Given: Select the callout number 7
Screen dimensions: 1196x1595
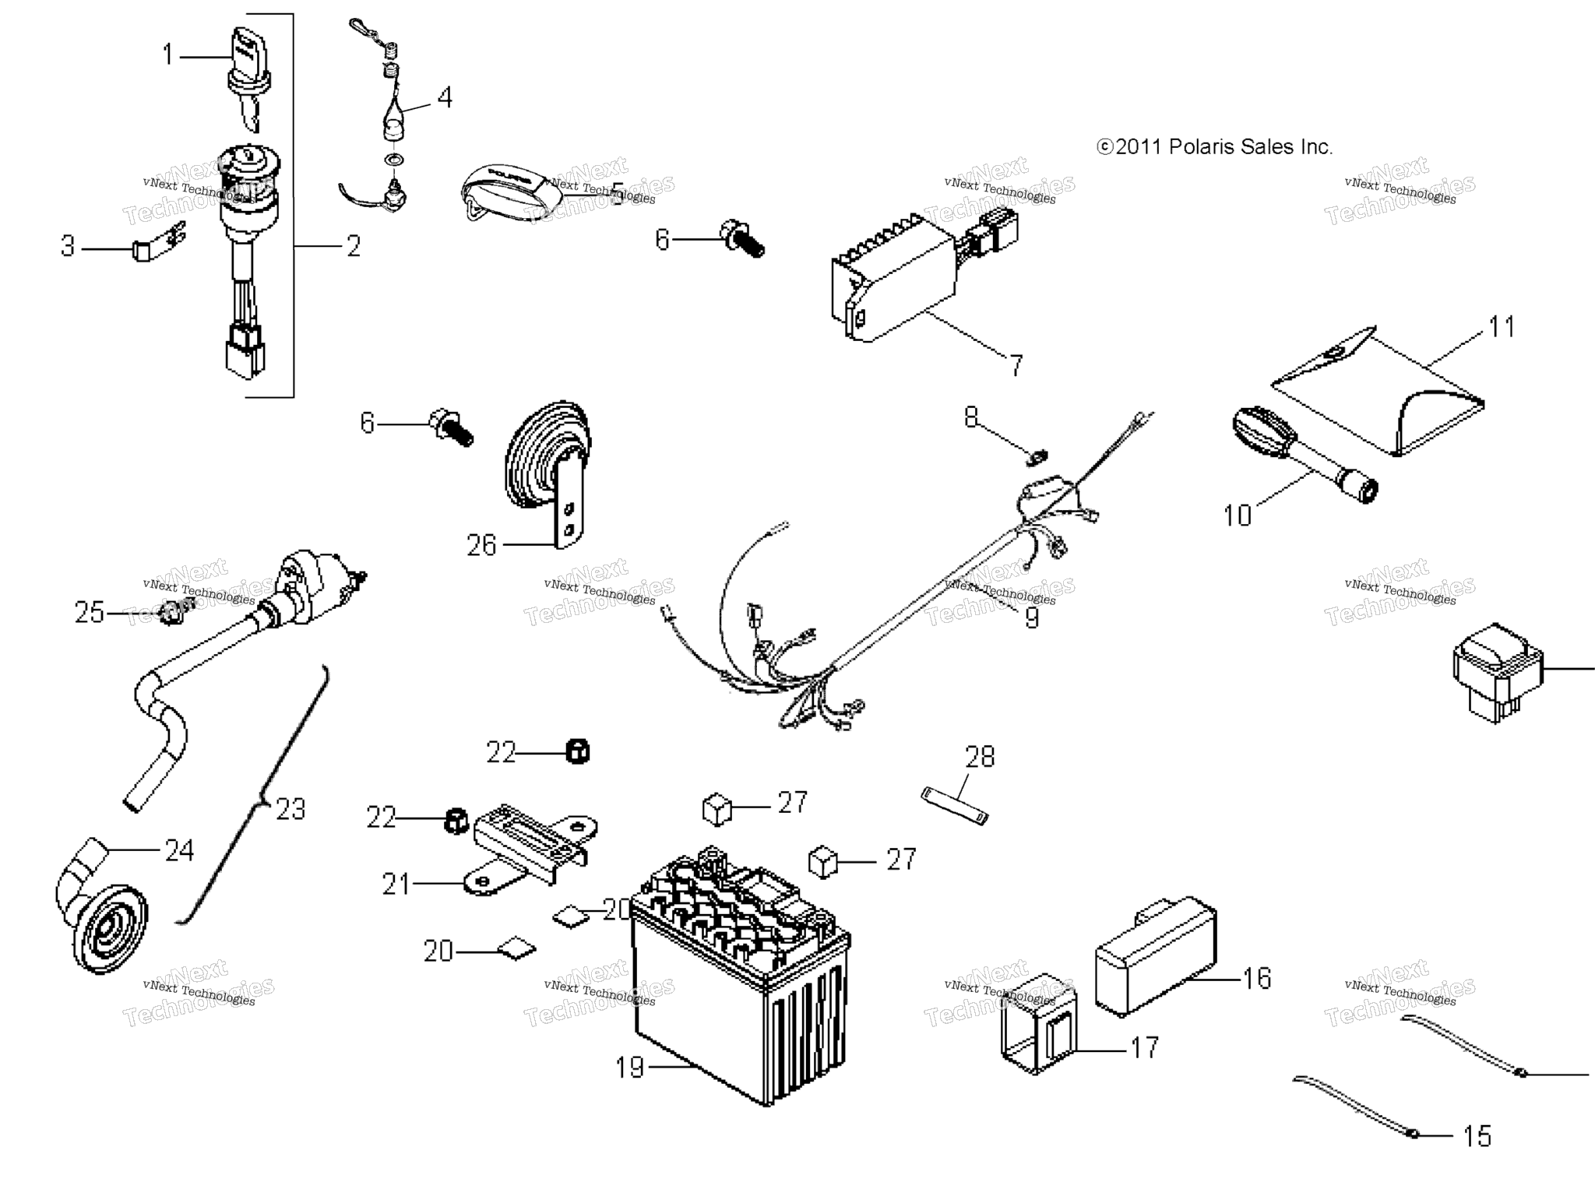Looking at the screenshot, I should (1016, 365).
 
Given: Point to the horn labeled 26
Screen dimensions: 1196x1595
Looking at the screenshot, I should (545, 467).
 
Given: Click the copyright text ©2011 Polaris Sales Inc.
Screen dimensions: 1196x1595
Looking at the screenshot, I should (1214, 147).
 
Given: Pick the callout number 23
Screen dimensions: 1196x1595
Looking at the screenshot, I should (290, 810).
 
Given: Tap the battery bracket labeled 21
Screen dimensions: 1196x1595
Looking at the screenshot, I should (530, 849).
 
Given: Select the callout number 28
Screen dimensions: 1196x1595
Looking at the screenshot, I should (980, 757).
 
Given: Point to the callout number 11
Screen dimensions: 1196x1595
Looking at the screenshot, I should (1502, 327).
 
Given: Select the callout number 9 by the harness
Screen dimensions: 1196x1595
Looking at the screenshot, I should (1031, 617).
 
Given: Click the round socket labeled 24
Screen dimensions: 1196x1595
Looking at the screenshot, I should (105, 919).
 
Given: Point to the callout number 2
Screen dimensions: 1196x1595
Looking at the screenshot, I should (354, 247).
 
